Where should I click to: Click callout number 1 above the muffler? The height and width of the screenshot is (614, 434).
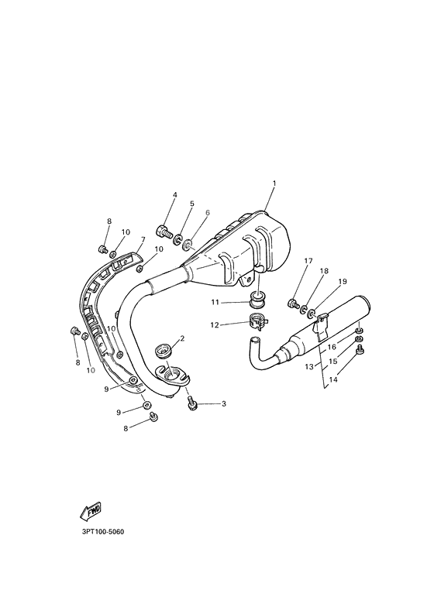pyautogui.click(x=274, y=184)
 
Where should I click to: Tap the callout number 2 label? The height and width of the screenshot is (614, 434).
pyautogui.click(x=181, y=338)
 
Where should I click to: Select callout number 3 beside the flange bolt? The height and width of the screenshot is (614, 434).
pyautogui.click(x=223, y=404)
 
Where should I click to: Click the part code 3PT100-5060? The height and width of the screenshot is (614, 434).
pyautogui.click(x=102, y=533)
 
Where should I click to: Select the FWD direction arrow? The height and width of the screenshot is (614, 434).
pyautogui.click(x=91, y=511)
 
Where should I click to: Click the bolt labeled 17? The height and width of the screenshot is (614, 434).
pyautogui.click(x=294, y=303)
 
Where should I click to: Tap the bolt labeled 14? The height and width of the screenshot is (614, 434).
pyautogui.click(x=360, y=350)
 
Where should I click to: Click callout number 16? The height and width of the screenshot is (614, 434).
pyautogui.click(x=331, y=348)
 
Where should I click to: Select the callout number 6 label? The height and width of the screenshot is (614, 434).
pyautogui.click(x=208, y=212)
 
